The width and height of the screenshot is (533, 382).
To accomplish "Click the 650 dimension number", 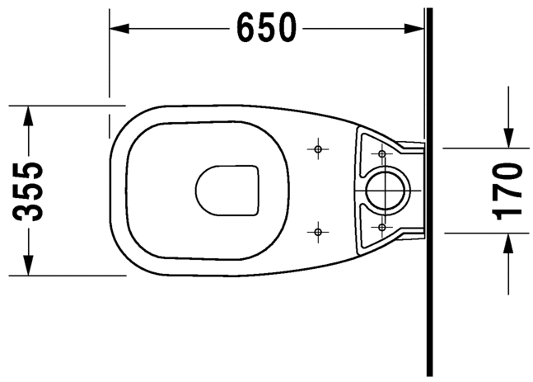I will click(266, 29).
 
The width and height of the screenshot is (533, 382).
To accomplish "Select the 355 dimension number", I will click(30, 191).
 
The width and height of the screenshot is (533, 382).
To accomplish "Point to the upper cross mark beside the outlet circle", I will click(381, 153).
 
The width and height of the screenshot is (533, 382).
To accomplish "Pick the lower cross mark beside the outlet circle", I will click(381, 226).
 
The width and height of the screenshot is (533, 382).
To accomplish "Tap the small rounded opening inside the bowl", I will click(227, 191).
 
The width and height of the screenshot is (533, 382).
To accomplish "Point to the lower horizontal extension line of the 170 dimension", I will click(478, 233).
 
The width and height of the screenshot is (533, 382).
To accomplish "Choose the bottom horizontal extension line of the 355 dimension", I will click(66, 276).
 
